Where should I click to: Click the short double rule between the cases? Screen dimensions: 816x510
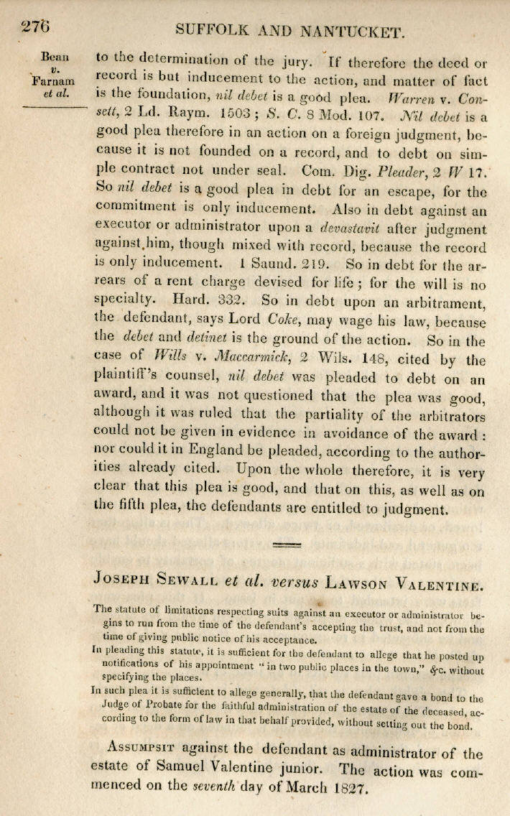(287, 545)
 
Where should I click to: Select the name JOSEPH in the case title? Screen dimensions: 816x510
(124, 577)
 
